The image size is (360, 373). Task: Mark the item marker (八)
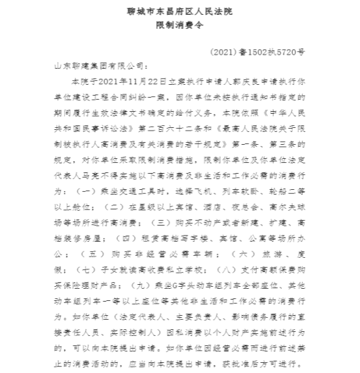tap(227, 275)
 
